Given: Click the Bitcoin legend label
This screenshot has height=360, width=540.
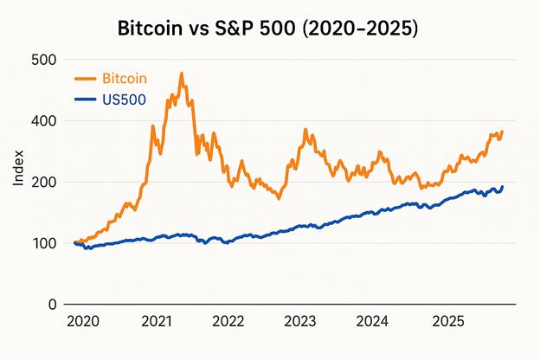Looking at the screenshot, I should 125,79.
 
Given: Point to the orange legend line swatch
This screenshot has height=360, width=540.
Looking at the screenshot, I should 86,79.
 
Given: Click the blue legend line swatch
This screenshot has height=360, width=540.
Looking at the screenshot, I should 86,100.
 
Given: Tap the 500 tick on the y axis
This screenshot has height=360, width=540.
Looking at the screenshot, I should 42,60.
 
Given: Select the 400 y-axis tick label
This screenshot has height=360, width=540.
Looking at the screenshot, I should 42,121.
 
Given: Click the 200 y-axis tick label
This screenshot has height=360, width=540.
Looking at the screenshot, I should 42,183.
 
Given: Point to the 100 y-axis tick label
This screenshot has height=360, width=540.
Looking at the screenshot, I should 42,243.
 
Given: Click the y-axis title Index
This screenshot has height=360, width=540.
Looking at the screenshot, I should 18,169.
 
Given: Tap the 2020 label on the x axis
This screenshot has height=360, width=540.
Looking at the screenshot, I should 83,322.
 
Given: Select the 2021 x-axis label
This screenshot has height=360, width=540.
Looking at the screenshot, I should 156,322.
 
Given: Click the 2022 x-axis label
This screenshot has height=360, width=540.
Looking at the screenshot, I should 228,322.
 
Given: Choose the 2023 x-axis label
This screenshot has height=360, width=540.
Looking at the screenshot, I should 300,322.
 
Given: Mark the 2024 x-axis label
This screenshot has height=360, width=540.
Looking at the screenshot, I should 372,322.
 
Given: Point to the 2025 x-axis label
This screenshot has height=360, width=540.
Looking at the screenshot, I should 445,322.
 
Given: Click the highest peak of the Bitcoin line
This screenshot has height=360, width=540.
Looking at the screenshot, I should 182,74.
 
